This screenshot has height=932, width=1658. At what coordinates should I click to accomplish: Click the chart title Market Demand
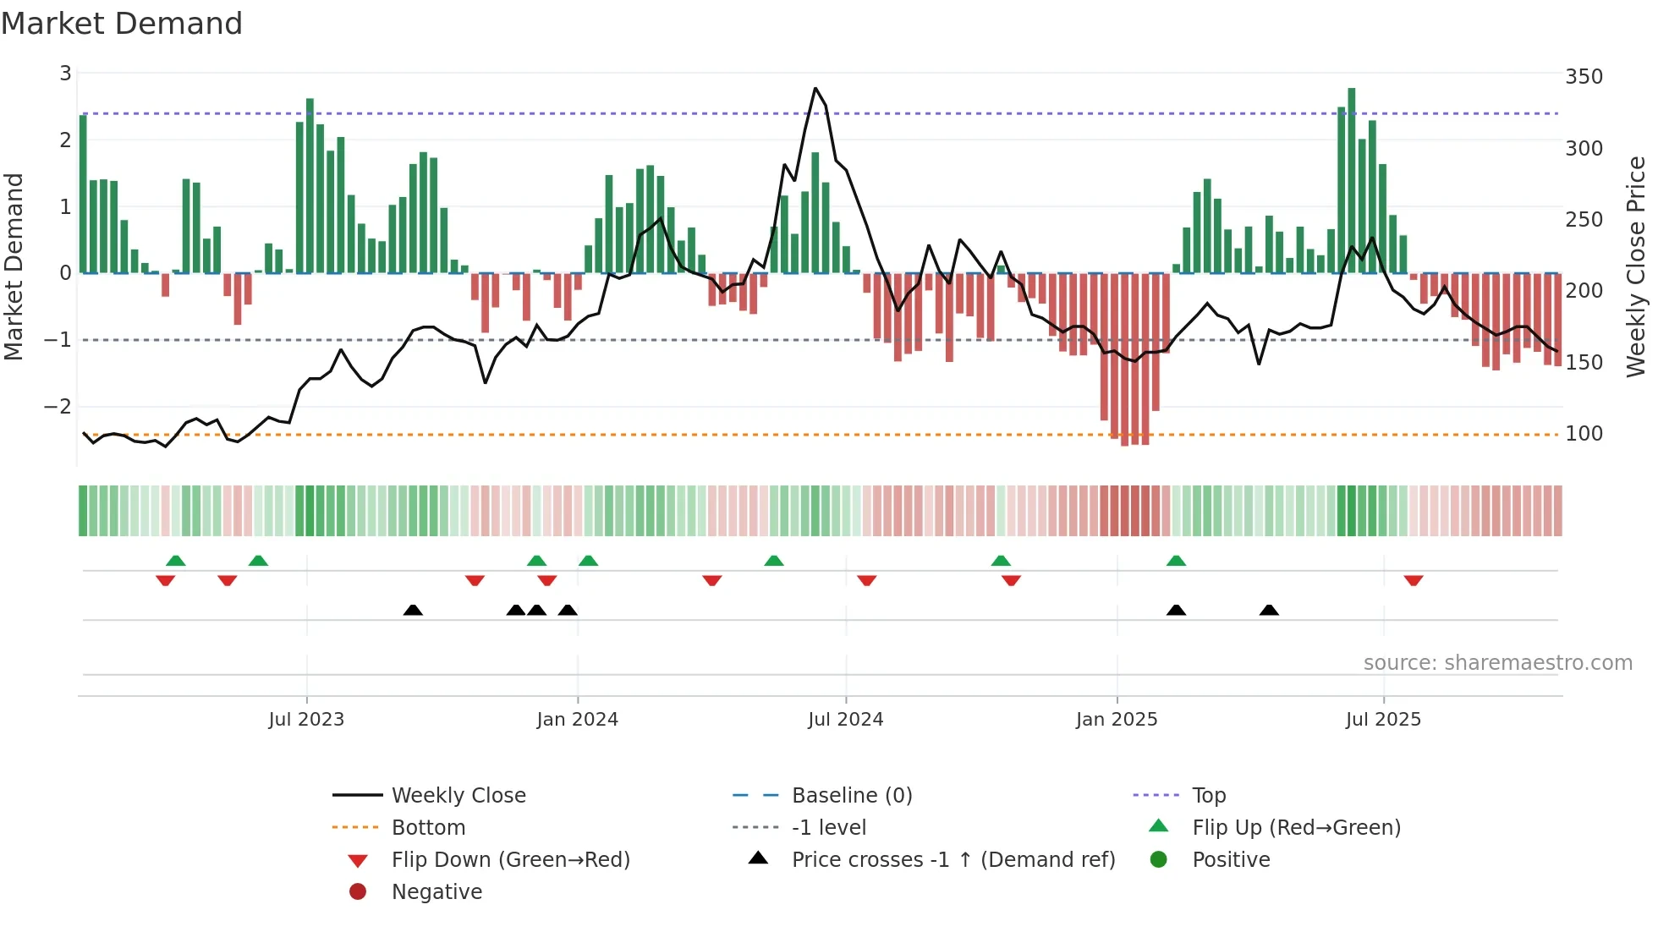[x=122, y=24]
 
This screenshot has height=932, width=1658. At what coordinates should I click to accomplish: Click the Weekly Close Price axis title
[x=1636, y=266]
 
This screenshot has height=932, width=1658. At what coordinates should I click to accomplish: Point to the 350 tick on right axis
[x=1584, y=77]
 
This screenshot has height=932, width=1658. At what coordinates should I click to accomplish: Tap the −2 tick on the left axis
[x=58, y=407]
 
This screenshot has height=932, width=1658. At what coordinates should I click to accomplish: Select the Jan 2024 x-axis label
[x=577, y=720]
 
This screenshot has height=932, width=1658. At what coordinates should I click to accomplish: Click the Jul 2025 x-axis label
[x=1383, y=720]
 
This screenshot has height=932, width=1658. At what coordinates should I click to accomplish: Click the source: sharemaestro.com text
[x=1497, y=663]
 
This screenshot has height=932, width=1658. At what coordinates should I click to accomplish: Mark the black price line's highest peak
[x=815, y=89]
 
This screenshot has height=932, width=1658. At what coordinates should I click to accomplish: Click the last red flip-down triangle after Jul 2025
[x=1414, y=580]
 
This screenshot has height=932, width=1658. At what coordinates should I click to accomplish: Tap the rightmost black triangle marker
[x=1269, y=610]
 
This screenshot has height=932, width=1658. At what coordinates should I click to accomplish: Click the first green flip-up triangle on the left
[x=176, y=561]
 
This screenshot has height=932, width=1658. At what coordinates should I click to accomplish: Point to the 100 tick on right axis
[x=1584, y=434]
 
